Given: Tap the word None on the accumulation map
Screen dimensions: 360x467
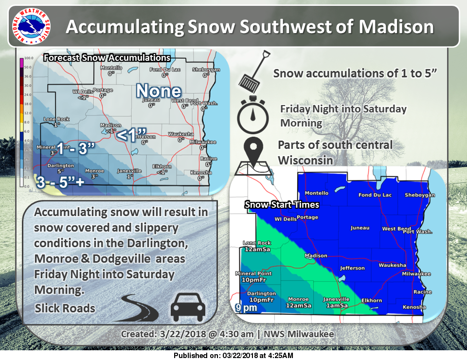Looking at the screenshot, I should point(159,90).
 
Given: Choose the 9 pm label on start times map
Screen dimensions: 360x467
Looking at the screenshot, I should point(246,307).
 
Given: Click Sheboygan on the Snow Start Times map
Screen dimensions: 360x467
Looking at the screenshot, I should point(419,195).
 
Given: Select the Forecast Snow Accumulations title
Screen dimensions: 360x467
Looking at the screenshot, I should point(107,58).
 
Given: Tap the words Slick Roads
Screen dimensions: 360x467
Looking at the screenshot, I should point(65,308).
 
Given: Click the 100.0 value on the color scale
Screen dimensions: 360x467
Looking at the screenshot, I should point(28,58).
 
